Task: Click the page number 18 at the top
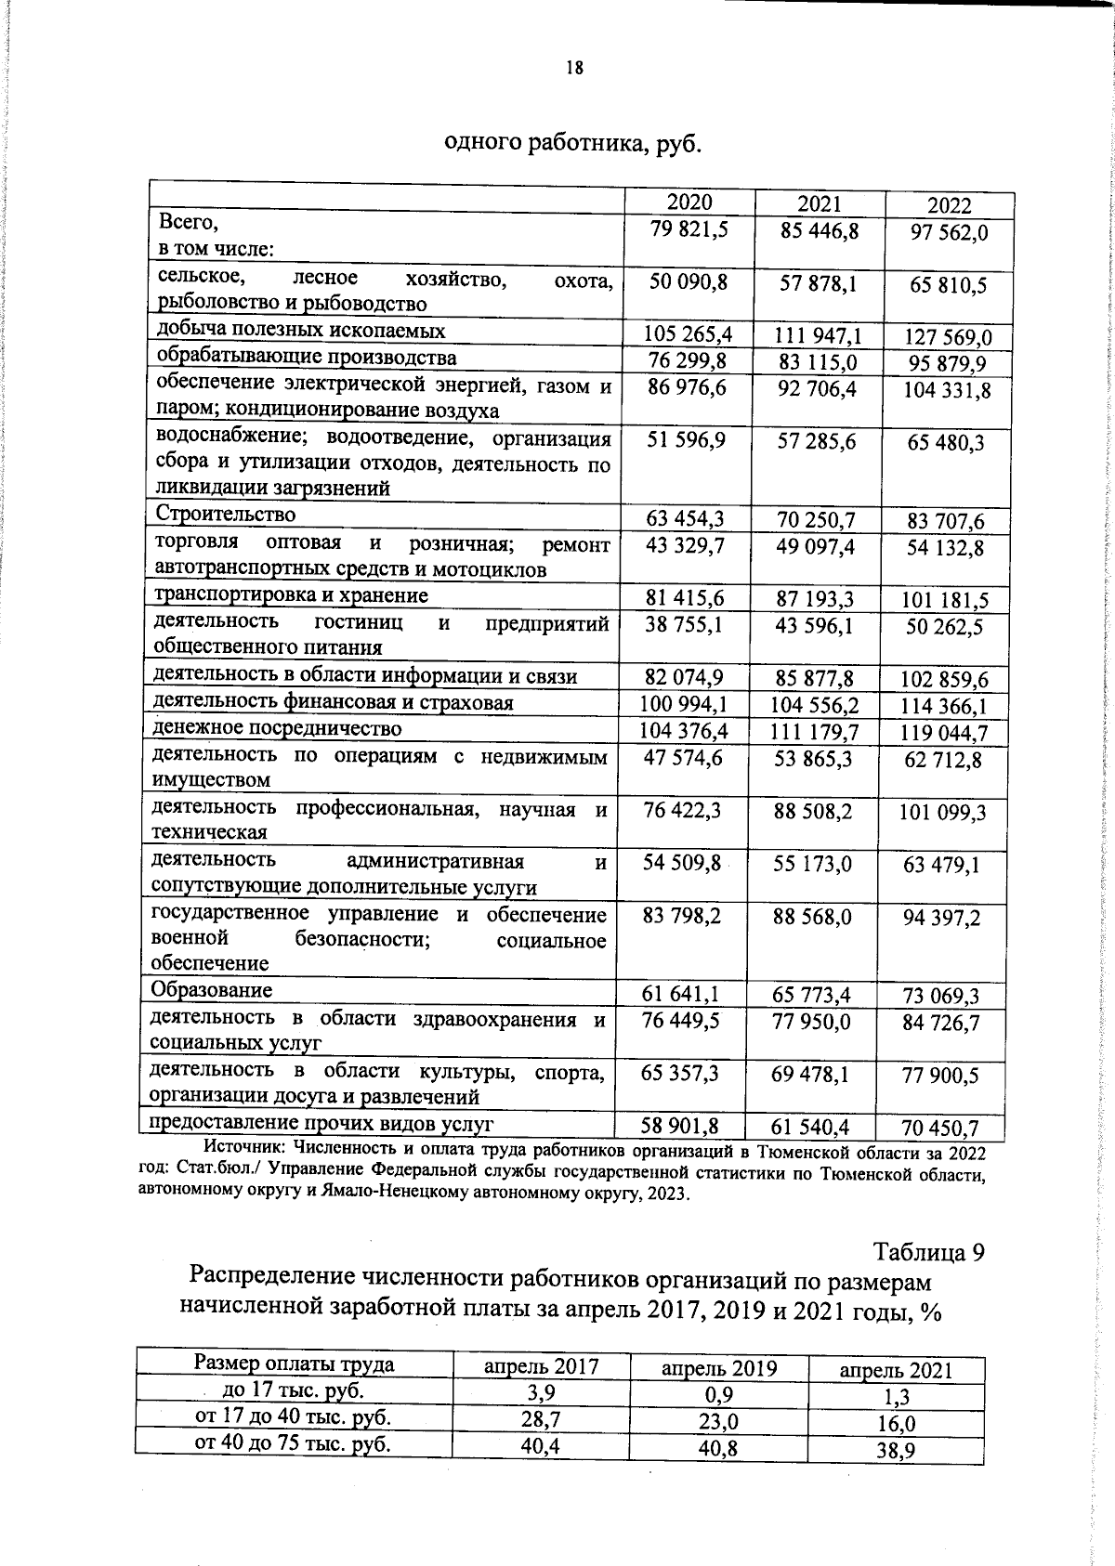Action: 574,67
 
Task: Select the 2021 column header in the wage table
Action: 820,204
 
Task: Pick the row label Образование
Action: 213,990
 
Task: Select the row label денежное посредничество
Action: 277,728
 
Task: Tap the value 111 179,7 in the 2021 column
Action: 815,732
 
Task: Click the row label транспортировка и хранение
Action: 291,595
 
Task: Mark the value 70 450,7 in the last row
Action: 940,1129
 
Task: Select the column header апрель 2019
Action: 719,1369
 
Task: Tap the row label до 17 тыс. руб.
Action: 294,1390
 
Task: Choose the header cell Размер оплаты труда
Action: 294,1364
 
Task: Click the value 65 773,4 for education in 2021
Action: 812,996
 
